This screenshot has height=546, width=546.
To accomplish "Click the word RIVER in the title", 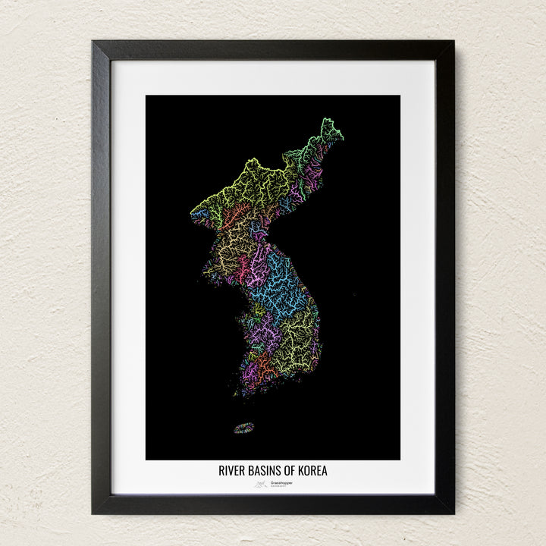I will [231, 471].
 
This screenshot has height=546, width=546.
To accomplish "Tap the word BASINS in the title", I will [262, 471].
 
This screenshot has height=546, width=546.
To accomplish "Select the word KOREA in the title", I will [312, 471].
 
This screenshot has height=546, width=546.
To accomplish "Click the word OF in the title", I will [288, 471].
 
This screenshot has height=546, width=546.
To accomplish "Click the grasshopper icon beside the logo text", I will [260, 483].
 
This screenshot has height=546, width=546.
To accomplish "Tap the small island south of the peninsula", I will [243, 428].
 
